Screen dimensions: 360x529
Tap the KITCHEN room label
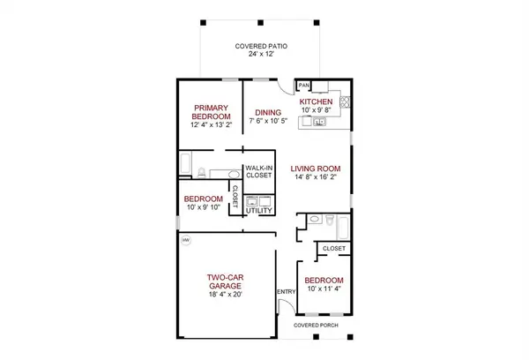click(x=316, y=102)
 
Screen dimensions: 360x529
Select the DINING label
click(x=268, y=112)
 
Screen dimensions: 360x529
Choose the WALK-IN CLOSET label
click(x=258, y=171)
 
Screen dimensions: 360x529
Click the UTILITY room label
click(x=258, y=211)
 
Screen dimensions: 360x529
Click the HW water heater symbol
click(x=185, y=240)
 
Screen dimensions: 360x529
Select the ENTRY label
click(x=286, y=292)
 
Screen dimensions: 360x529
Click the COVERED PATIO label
click(x=260, y=46)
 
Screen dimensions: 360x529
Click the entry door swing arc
click(x=284, y=306)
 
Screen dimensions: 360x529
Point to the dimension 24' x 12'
click(x=260, y=55)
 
